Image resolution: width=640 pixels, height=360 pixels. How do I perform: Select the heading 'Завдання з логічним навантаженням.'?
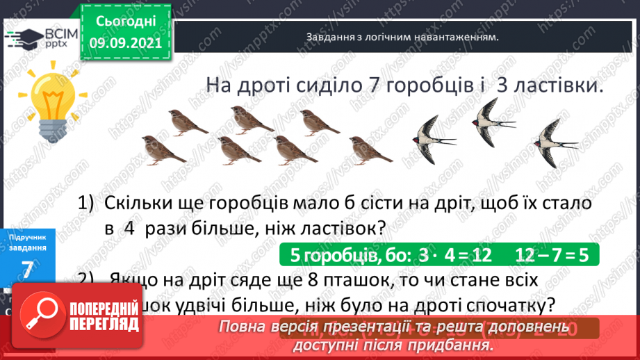pyautogui.click(x=402, y=38)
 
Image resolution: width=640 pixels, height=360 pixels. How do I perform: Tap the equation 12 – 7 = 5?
pyautogui.click(x=552, y=254)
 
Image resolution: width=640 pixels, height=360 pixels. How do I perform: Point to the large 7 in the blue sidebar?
pyautogui.click(x=27, y=270)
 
